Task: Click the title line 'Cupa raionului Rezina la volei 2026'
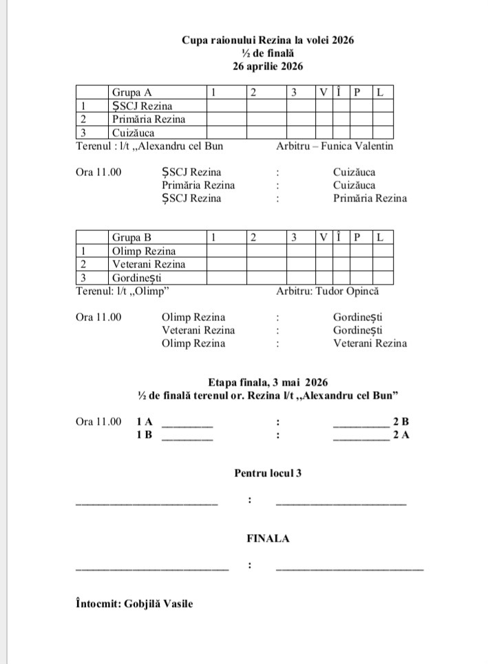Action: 268,41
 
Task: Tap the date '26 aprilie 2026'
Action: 268,66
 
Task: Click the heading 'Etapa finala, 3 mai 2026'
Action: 268,382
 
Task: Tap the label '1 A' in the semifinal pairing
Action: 145,421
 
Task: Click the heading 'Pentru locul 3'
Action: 268,473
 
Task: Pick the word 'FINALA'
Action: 268,539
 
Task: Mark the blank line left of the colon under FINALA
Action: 151,568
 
